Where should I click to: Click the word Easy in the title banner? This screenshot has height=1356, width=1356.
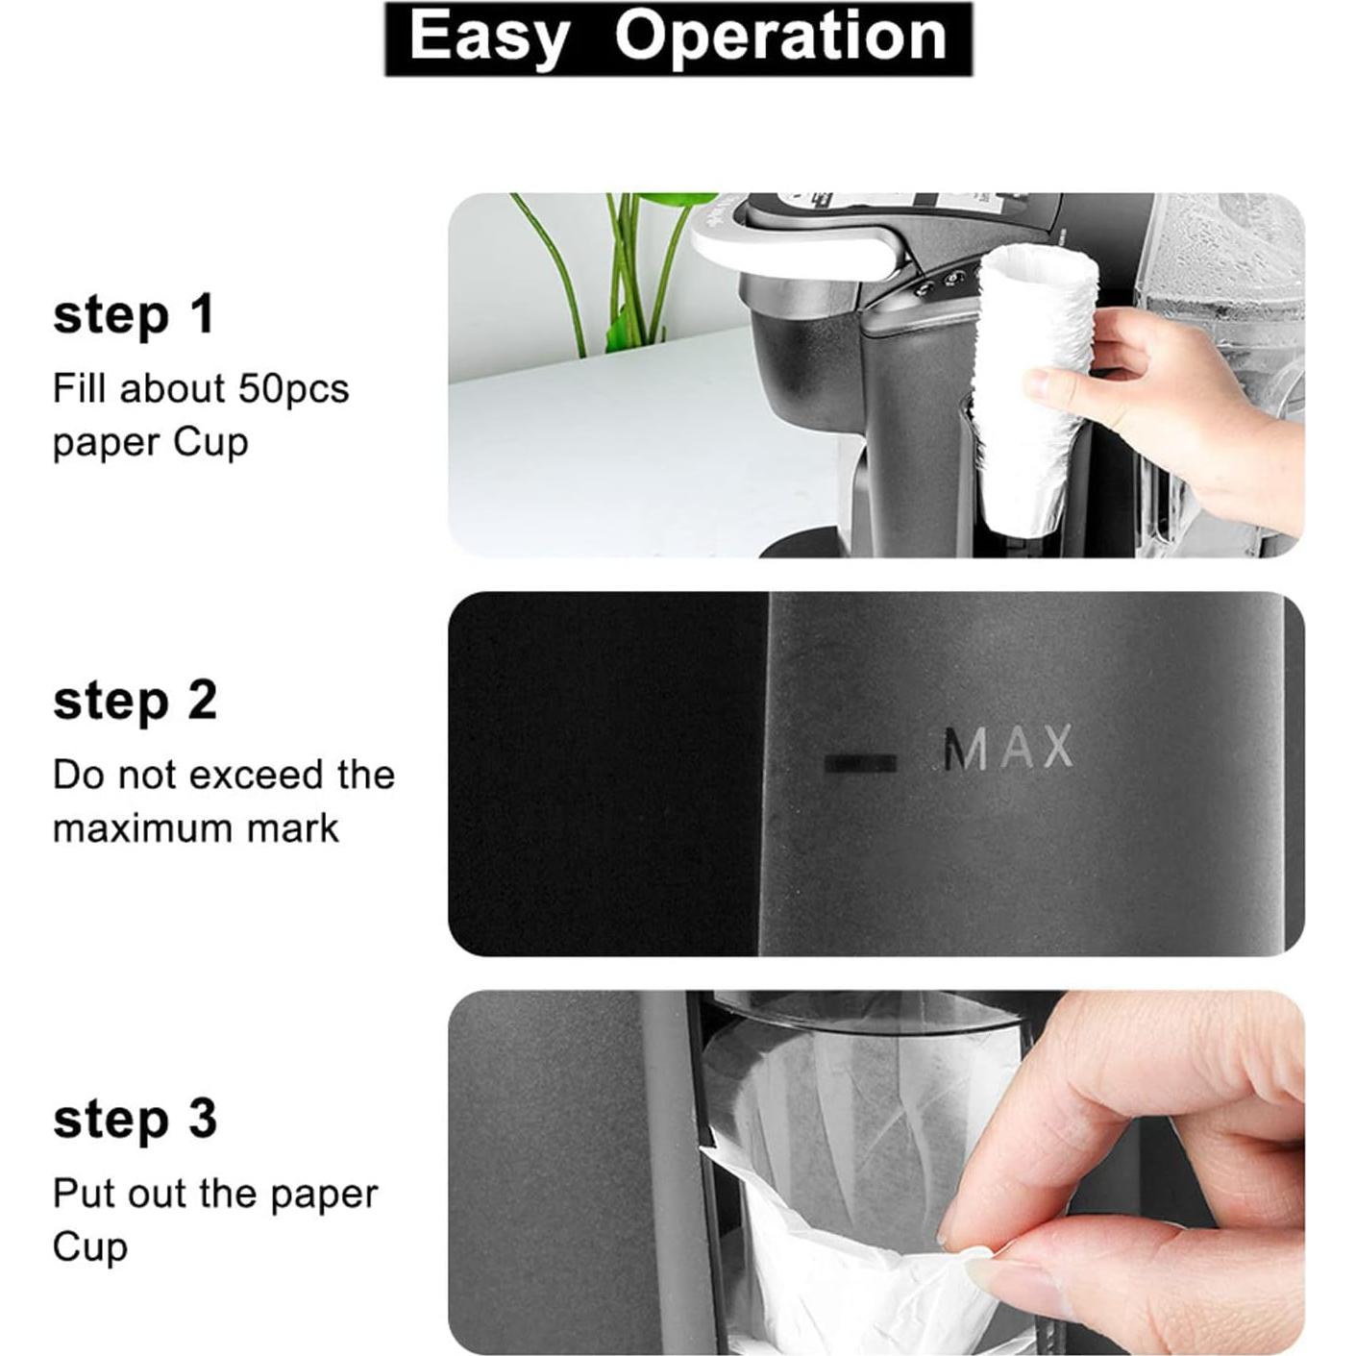coord(488,38)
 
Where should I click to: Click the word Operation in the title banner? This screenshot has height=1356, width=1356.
coord(780,38)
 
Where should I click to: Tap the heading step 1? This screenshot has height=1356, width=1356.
coord(134,315)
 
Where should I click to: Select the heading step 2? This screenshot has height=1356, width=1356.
coord(135,701)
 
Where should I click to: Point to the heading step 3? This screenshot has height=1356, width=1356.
coord(135,1120)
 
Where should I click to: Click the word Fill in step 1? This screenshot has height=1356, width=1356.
coord(78,389)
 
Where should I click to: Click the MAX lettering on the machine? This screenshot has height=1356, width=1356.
coord(1007,750)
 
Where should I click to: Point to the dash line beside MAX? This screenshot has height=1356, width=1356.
coord(861,764)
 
